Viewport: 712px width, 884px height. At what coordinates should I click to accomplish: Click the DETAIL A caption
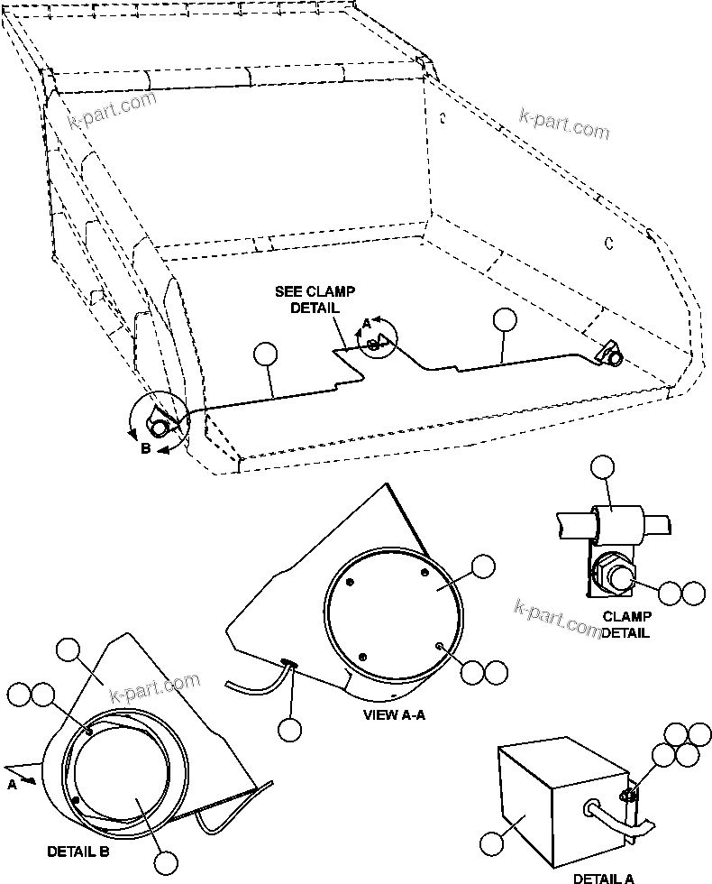603,877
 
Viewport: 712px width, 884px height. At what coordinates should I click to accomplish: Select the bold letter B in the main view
145,449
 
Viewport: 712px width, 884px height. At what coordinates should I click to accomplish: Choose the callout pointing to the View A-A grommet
289,730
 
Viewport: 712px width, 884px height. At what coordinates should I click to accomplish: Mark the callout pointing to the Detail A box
492,843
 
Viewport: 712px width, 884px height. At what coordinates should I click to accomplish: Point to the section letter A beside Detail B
13,785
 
